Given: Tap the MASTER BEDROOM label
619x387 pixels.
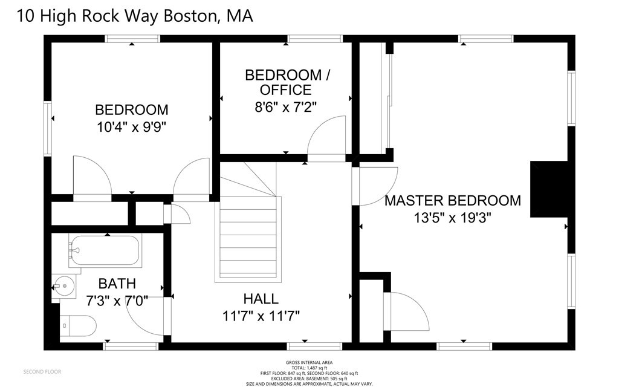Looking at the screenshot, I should tap(453, 201).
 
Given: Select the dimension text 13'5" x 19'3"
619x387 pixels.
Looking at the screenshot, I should tap(453, 218).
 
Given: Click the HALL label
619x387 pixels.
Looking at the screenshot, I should tap(261, 299).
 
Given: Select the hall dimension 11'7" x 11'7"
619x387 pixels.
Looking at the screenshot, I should tap(261, 315).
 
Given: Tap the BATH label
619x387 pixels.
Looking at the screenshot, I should tap(117, 283).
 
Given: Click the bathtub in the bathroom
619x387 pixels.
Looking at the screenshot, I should tap(105, 251).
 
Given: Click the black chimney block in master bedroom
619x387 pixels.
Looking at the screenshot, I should tap(548, 189).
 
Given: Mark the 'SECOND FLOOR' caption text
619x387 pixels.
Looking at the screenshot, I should tap(42, 371).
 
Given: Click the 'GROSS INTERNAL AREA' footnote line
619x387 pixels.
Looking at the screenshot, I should tap(309, 362).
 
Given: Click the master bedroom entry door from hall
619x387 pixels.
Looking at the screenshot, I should tap(376, 185).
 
